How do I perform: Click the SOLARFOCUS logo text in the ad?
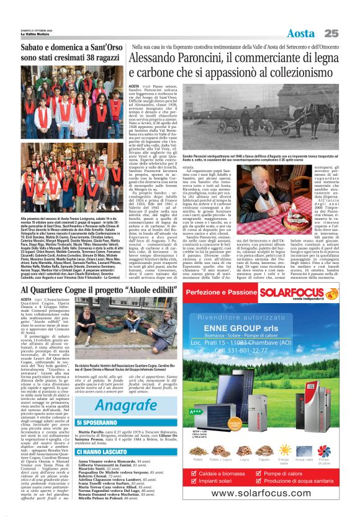309,293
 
